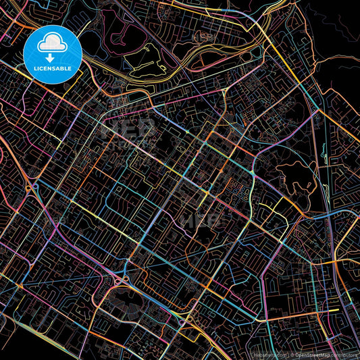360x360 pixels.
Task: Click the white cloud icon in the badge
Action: (52, 44)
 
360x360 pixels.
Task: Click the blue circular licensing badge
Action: (53, 54)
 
